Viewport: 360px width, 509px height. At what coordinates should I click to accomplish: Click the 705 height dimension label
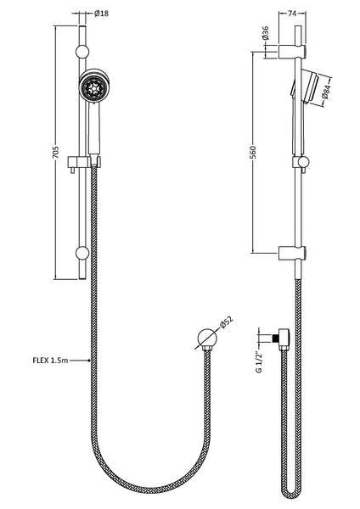click(55, 153)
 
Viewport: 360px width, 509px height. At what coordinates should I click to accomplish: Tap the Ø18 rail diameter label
click(101, 14)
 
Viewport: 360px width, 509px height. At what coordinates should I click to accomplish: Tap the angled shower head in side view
click(308, 86)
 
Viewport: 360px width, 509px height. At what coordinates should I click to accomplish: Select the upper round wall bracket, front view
click(82, 53)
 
